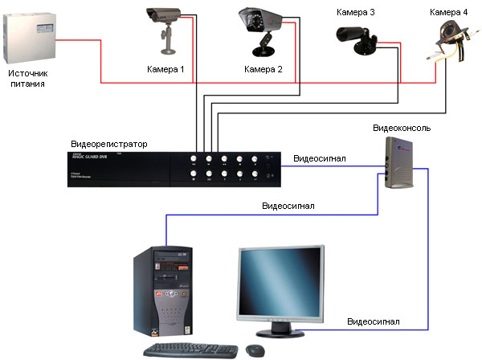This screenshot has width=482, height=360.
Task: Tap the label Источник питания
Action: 29,78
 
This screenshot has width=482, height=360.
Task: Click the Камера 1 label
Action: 165,69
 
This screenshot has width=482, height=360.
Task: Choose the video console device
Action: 398,162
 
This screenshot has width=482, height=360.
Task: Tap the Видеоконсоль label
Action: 402,129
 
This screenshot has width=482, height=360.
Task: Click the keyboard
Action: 190,350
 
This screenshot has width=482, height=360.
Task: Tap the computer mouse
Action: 256,350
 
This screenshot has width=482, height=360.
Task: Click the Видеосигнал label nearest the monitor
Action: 373,321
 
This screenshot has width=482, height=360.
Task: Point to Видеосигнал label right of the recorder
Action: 320,158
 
